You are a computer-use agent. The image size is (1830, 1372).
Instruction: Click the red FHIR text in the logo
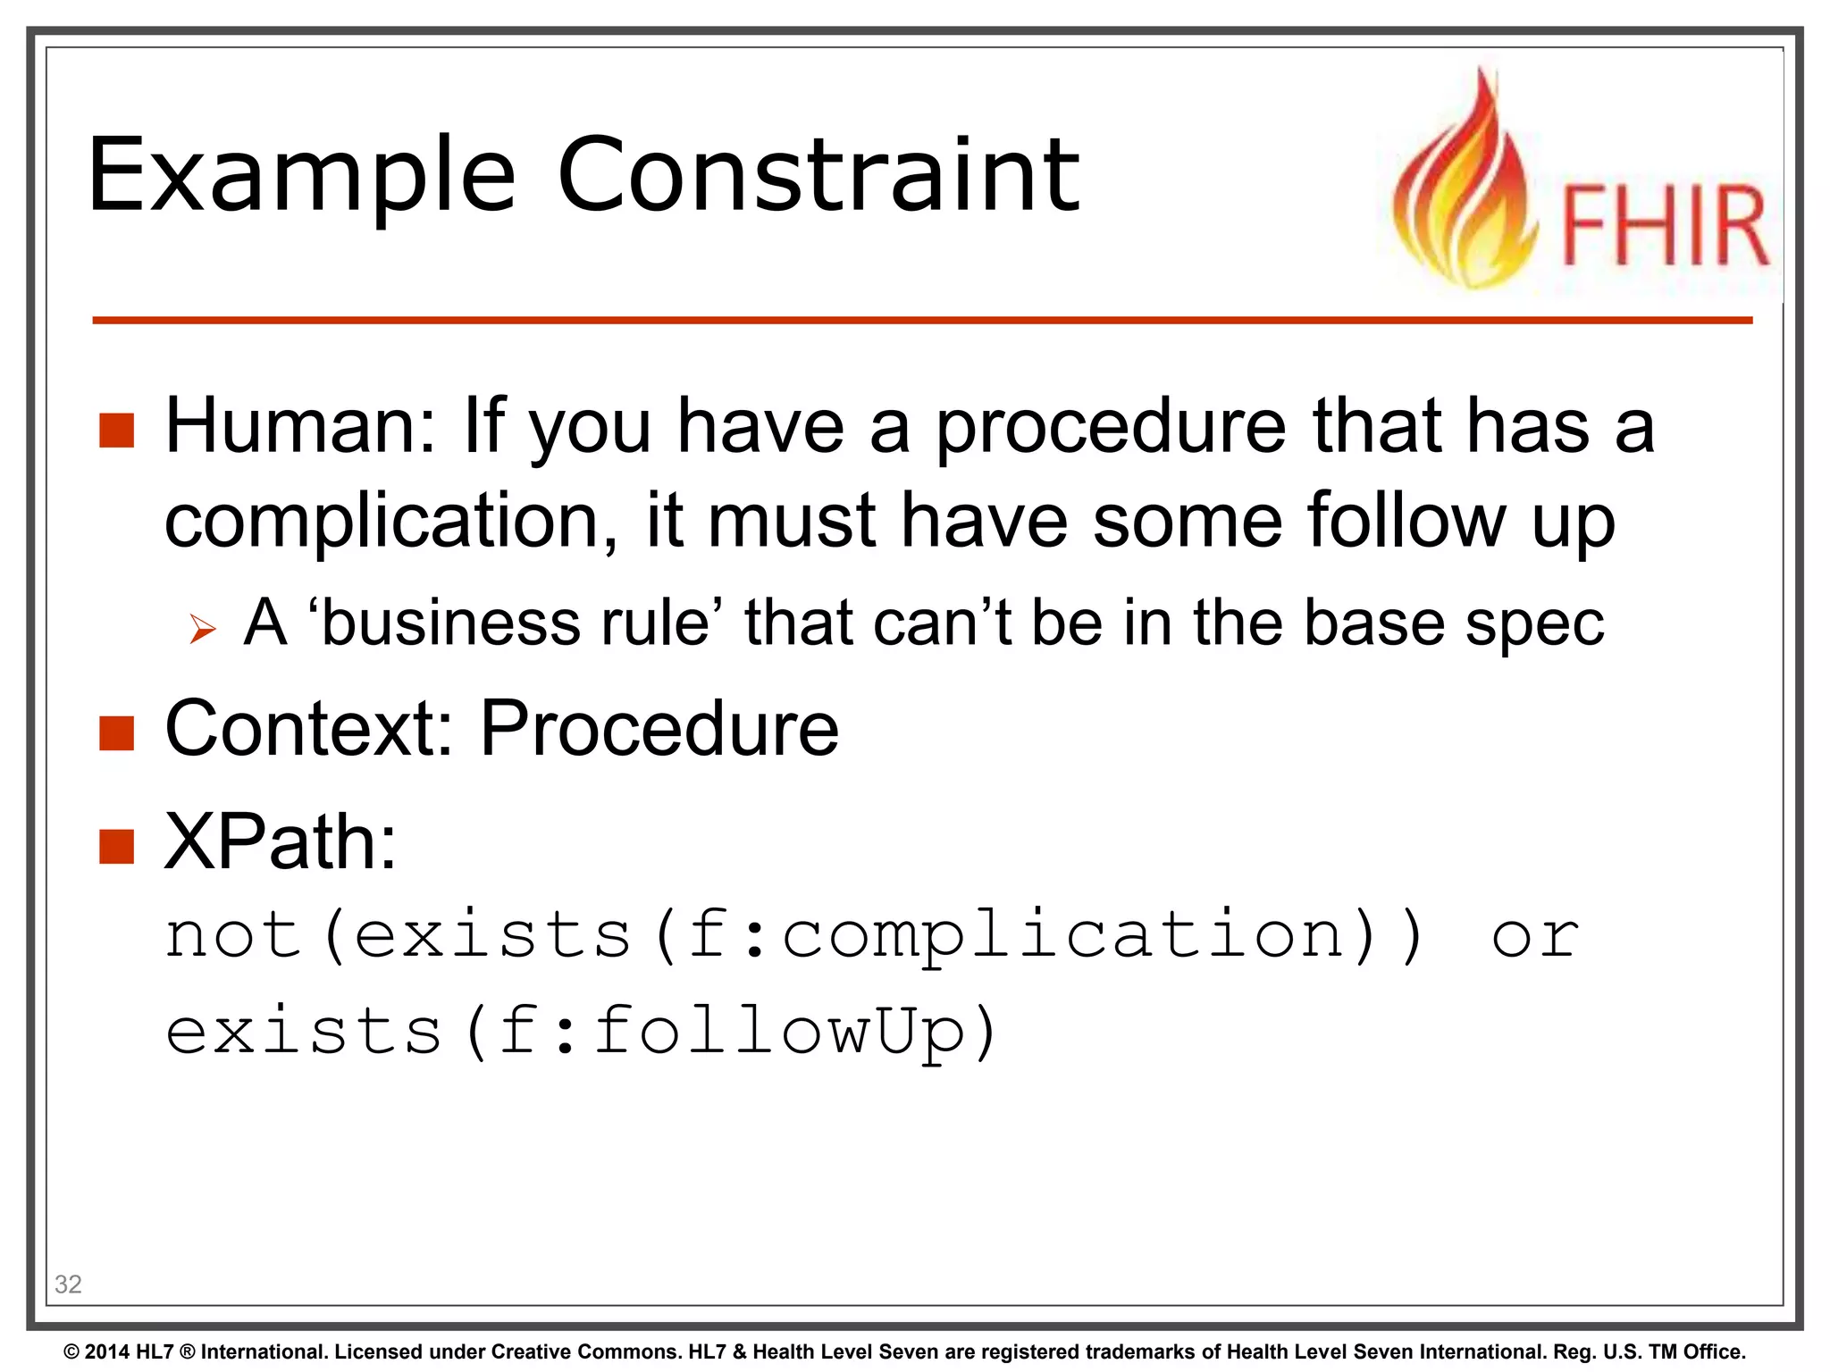(1664, 226)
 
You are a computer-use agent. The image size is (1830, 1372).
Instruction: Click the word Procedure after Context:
(659, 729)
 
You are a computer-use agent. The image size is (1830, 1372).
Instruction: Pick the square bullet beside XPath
(117, 846)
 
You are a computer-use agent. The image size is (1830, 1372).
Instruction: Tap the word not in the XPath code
(234, 935)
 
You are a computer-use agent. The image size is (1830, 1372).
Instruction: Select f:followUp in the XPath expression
(733, 1031)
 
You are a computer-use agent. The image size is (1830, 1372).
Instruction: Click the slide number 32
(68, 1284)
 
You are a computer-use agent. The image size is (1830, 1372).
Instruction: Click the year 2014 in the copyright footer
(105, 1351)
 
